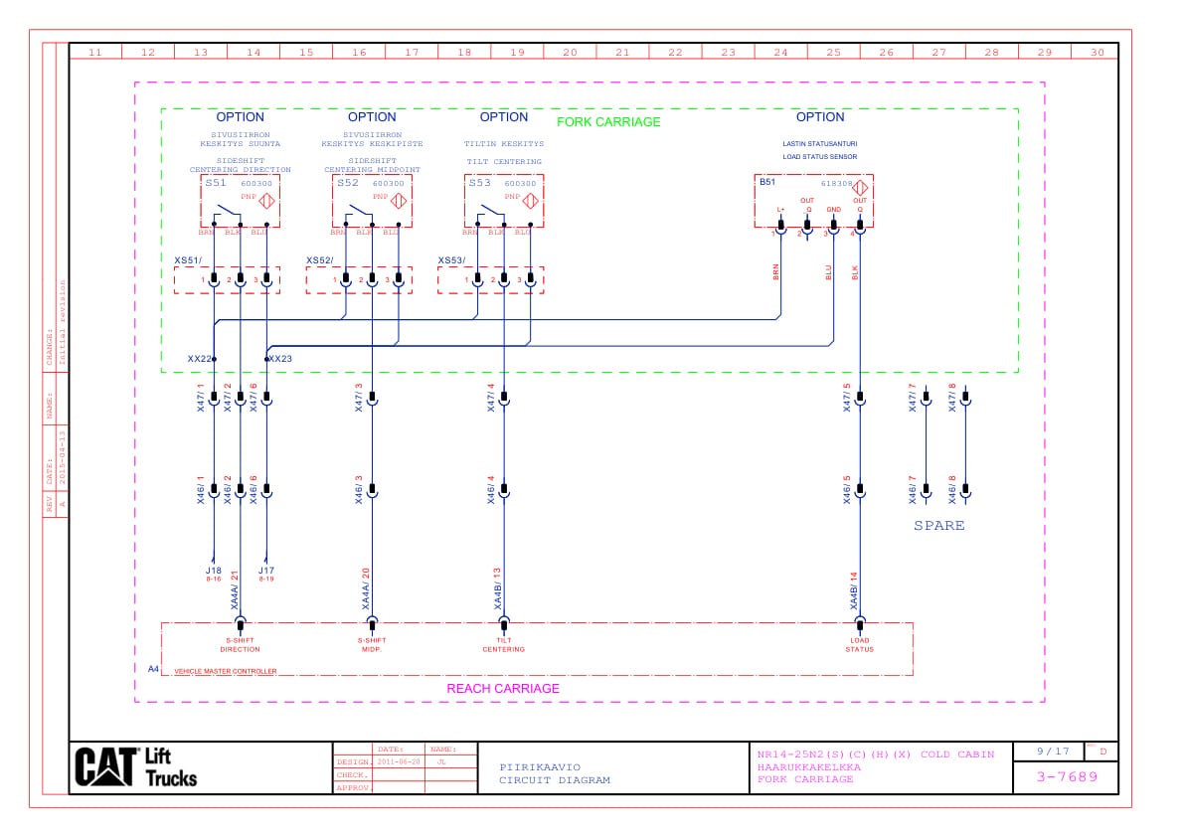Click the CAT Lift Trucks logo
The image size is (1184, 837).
coord(136,766)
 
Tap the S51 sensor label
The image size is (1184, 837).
coord(216,183)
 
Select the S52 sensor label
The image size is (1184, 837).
coord(348,183)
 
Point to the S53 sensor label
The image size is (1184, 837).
coord(480,183)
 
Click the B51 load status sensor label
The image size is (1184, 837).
coord(767,182)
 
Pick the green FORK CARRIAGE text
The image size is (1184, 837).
coord(607,122)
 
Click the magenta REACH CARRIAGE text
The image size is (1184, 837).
coord(503,688)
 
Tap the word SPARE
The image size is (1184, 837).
coord(938,525)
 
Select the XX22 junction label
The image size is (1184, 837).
coord(199,358)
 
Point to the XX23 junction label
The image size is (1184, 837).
coord(280,358)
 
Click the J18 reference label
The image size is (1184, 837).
coord(213,571)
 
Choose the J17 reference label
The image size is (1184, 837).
coord(266,571)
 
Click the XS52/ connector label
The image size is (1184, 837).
coord(319,260)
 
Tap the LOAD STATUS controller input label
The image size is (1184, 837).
coord(860,645)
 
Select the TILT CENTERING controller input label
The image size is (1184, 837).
coord(503,645)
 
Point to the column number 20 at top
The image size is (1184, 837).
coord(570,53)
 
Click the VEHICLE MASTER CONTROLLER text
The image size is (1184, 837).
coord(226,672)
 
